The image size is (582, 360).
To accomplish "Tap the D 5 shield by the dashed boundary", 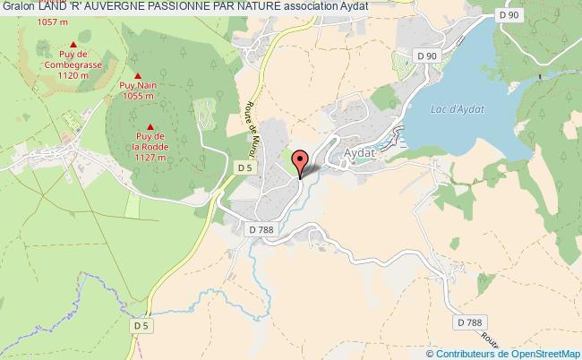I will pyautogui.click(x=141, y=326).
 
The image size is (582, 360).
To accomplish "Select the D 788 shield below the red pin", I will pyautogui.click(x=262, y=229).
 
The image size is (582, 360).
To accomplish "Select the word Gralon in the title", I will pyautogui.click(x=17, y=6).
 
